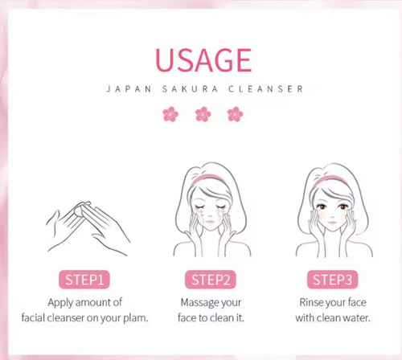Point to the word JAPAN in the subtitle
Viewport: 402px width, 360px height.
[x=127, y=88]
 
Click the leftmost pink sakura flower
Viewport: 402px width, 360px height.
[x=170, y=114]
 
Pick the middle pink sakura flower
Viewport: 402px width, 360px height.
[x=202, y=114]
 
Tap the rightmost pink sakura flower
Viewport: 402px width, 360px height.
[x=234, y=114]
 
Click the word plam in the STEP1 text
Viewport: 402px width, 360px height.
[x=134, y=317]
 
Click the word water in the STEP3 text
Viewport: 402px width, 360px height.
[x=355, y=317]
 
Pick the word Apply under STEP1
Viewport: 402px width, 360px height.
[x=64, y=303]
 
